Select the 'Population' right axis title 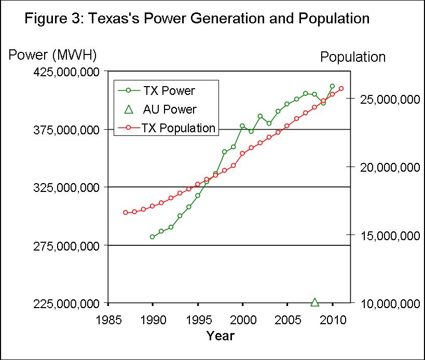point(353,57)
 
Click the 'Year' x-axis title point(221,336)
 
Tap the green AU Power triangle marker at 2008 point(314,302)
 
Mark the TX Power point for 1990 point(152,237)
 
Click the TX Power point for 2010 point(332,86)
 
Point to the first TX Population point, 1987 point(125,212)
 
